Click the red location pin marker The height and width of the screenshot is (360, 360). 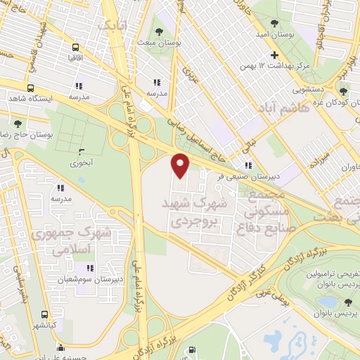(x=181, y=165)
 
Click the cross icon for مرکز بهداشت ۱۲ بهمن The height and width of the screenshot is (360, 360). (x=274, y=56)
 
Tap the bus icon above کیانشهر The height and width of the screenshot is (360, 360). (x=45, y=314)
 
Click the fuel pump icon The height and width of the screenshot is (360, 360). (x=60, y=348)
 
